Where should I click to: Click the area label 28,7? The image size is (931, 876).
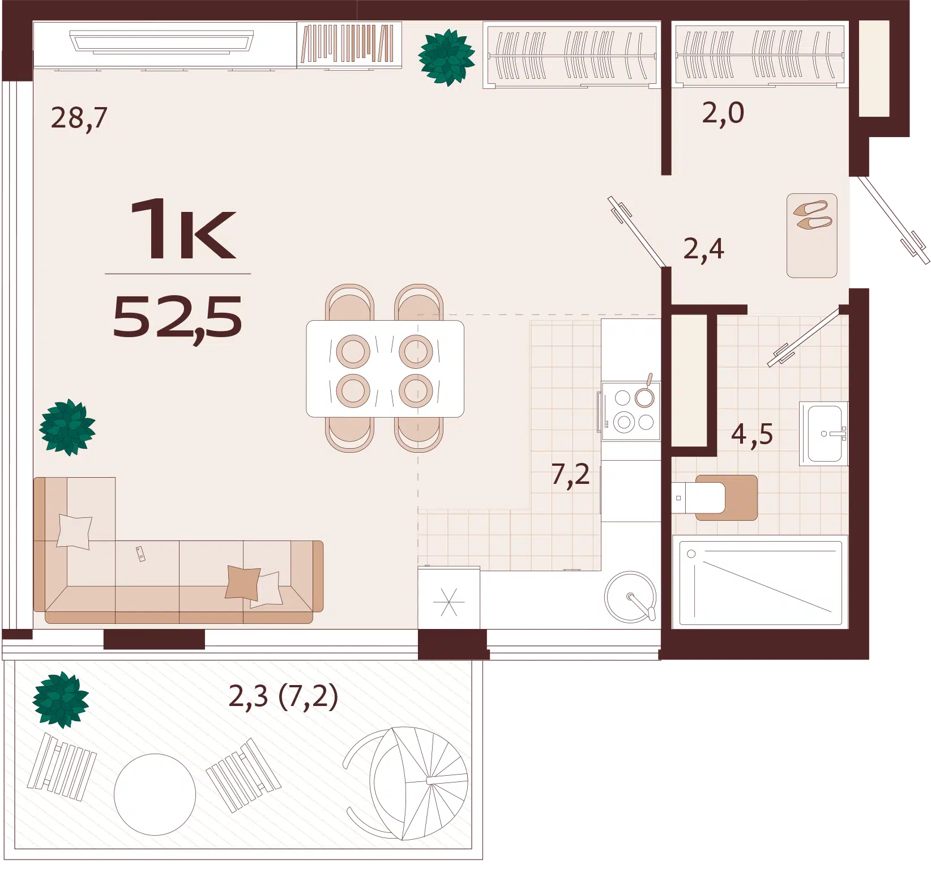[79, 118]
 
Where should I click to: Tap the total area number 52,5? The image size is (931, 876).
[177, 318]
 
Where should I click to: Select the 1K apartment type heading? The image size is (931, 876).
[182, 229]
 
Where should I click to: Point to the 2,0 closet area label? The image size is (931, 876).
[723, 113]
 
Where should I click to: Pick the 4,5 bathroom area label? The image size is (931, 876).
[752, 435]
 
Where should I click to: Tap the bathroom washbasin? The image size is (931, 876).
[824, 433]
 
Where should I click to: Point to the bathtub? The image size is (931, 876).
[761, 583]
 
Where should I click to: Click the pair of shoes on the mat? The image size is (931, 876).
[813, 215]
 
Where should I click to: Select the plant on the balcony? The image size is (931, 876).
[61, 700]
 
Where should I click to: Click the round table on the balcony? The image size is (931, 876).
[155, 794]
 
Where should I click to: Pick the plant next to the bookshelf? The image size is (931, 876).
[446, 57]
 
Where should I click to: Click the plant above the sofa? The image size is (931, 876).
[67, 427]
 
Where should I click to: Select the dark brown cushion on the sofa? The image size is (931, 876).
[242, 582]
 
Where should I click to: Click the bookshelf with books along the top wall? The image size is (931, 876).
[349, 44]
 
